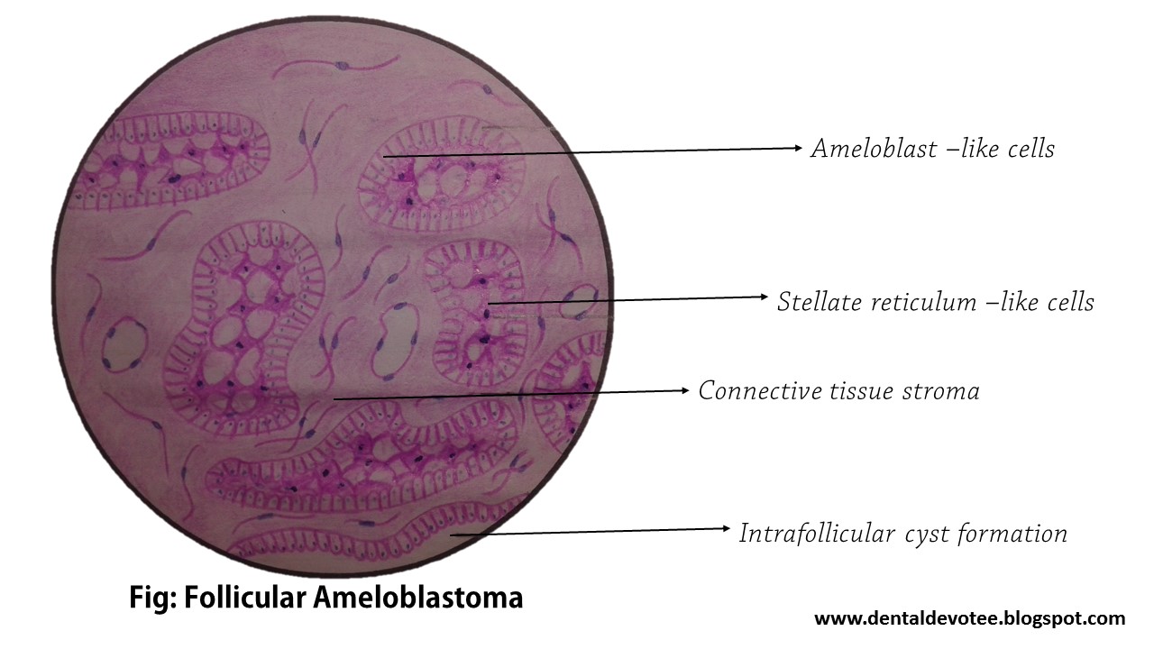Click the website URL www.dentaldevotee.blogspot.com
pos(969,618)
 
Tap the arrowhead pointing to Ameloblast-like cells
pos(797,148)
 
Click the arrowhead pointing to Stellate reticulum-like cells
pos(763,297)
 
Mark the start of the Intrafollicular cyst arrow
pos(451,535)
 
